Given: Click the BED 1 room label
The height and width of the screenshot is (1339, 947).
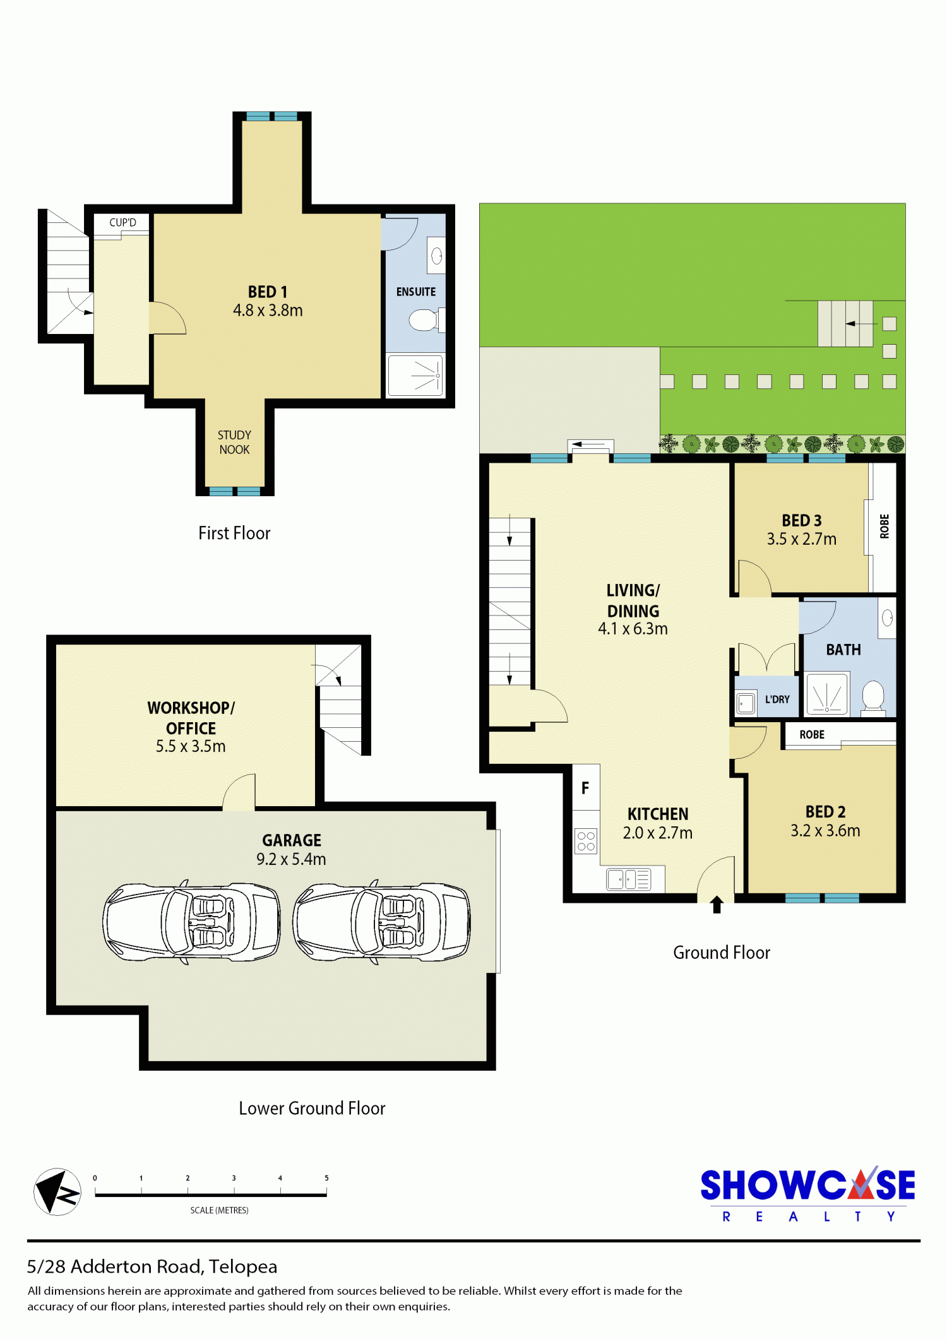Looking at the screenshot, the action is point(268,292).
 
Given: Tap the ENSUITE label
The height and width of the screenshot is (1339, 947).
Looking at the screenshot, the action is point(416,292).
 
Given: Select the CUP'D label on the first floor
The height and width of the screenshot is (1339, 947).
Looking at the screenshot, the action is point(122,222).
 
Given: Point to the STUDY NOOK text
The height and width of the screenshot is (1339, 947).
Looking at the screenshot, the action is point(234,443).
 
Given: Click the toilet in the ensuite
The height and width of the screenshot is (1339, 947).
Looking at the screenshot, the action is point(426,320).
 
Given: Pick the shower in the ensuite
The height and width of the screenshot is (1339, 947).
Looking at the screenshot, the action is point(415,376).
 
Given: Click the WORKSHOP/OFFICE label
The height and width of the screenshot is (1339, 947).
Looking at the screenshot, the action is point(191,718).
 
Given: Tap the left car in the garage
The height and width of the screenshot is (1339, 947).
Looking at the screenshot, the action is point(191,922).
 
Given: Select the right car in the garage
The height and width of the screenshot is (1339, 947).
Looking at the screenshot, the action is point(381,922).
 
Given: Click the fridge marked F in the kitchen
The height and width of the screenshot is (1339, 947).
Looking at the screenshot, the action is point(585,787).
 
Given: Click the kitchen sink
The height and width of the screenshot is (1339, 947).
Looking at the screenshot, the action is point(628,879).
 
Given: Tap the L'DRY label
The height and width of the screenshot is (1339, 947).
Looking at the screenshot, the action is point(777,699).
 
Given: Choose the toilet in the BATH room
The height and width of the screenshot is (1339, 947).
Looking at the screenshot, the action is point(873,697).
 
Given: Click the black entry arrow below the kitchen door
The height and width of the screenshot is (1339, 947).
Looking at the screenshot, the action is point(717,905).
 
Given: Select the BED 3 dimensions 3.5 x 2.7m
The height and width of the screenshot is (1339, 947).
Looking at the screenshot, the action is point(802,539).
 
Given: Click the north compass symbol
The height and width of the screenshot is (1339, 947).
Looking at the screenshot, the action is point(57,1192).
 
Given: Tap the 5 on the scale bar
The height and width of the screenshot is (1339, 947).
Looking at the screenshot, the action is point(326,1178).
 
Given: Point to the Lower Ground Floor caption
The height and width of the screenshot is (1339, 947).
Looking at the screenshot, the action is point(312,1108).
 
